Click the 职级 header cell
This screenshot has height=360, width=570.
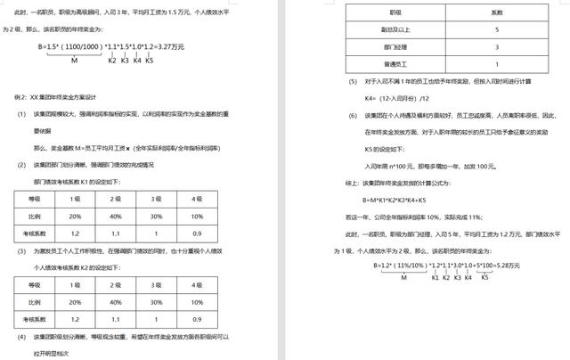click(386, 13)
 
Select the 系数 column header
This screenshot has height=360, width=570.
click(496, 13)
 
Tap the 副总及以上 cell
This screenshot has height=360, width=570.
click(386, 29)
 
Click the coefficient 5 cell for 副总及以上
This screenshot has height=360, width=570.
click(496, 29)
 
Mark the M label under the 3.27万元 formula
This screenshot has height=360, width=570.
click(74, 59)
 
